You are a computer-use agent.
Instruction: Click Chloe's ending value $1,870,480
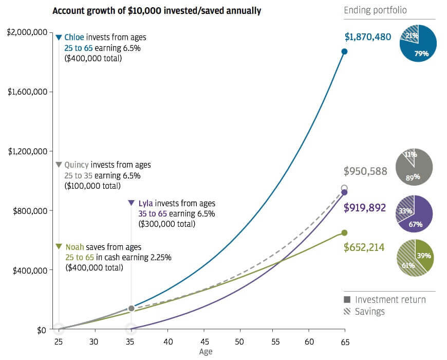tap(368, 37)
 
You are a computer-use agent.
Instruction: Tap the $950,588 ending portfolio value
tap(365, 171)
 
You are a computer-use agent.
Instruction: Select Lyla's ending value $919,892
tap(365, 208)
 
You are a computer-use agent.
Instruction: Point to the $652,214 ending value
tap(364, 247)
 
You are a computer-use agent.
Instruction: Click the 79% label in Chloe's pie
tap(421, 53)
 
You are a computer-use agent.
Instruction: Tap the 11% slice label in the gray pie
tap(411, 154)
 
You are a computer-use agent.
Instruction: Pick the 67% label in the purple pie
tap(416, 224)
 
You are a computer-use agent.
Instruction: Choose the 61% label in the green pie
tap(408, 265)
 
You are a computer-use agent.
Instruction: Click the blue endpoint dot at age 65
tap(344, 51)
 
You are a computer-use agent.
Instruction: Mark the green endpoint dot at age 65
tap(344, 233)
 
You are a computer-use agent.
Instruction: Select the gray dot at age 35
tap(131, 309)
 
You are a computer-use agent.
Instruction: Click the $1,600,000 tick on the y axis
tap(27, 92)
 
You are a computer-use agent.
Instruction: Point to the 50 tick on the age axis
tap(239, 341)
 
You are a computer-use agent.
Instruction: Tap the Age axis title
tap(206, 352)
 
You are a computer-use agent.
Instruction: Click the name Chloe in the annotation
tap(74, 38)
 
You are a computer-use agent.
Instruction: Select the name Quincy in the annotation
tap(77, 165)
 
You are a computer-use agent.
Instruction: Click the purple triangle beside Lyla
tap(131, 203)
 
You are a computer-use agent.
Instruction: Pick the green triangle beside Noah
tap(59, 246)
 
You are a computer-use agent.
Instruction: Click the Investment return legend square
tap(347, 299)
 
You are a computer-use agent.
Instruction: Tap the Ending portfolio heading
tap(375, 10)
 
